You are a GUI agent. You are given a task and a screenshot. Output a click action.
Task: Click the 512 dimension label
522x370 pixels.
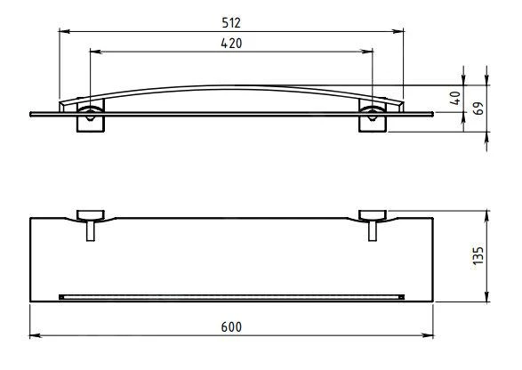[x=231, y=22]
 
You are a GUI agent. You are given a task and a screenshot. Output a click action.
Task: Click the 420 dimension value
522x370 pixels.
[x=231, y=44]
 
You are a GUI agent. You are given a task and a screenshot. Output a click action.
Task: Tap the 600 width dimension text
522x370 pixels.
[x=231, y=327]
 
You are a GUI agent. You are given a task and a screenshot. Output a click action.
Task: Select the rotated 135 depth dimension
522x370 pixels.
[x=478, y=256]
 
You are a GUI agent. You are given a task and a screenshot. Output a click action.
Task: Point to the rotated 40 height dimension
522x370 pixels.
[x=455, y=98]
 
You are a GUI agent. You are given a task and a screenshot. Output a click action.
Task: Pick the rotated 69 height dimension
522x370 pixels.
[x=478, y=109]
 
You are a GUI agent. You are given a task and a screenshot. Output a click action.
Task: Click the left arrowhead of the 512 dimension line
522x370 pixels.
[x=65, y=31]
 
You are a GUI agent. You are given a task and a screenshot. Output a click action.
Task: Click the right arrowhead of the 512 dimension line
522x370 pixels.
[x=398, y=31]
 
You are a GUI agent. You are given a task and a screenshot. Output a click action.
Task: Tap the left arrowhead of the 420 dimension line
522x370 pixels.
[x=95, y=52]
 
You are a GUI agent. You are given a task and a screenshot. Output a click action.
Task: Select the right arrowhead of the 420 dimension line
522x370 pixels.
[x=367, y=52]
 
